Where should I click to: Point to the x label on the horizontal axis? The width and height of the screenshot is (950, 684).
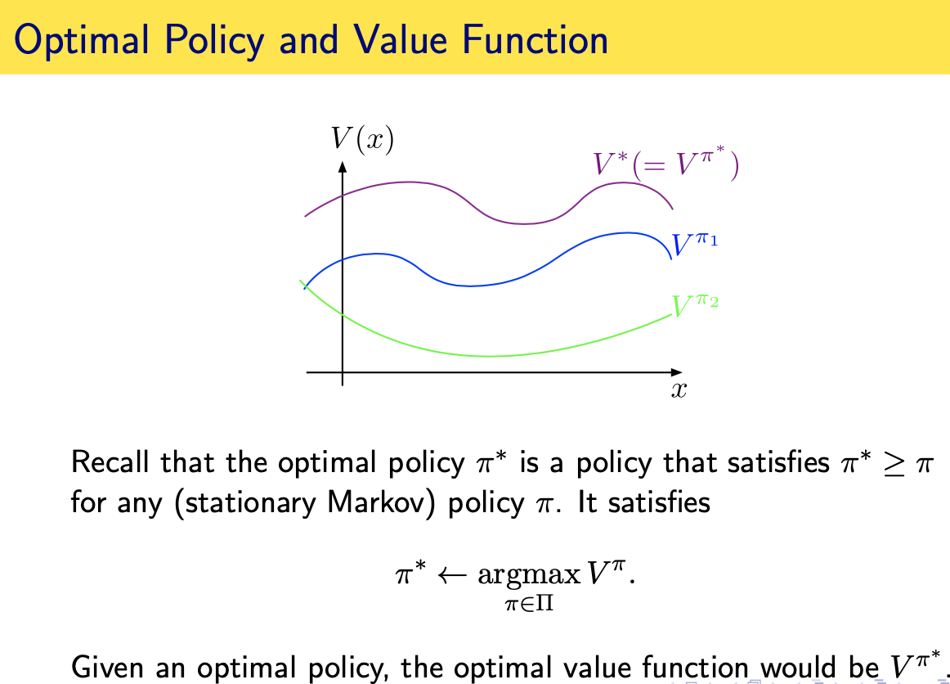tap(679, 390)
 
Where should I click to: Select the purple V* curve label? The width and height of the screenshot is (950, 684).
tap(665, 164)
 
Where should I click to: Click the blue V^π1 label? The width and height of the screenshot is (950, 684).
tap(694, 245)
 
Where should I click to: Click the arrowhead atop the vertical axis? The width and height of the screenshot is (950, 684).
tap(342, 167)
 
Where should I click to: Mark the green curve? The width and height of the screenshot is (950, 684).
tap(491, 356)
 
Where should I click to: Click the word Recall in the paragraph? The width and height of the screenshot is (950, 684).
tap(110, 463)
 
